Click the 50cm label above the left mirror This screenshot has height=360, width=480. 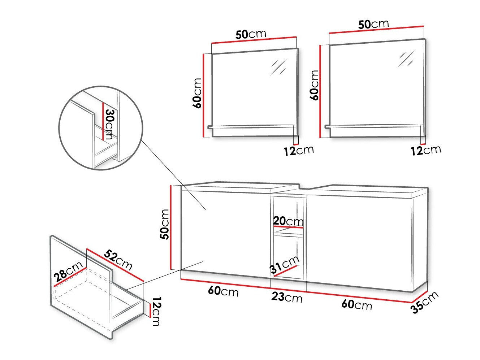(251, 34)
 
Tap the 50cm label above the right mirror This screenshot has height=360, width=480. (373, 24)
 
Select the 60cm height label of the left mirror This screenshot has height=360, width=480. (198, 93)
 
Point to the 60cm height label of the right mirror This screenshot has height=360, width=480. (315, 85)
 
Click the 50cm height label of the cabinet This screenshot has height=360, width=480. (164, 224)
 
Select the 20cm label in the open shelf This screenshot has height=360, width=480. (288, 220)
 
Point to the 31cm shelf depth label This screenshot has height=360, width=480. (285, 264)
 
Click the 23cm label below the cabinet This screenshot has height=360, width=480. (287, 298)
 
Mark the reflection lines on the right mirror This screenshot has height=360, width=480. (406, 58)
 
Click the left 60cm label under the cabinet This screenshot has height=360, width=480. (223, 291)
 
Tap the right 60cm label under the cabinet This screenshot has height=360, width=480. (356, 304)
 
